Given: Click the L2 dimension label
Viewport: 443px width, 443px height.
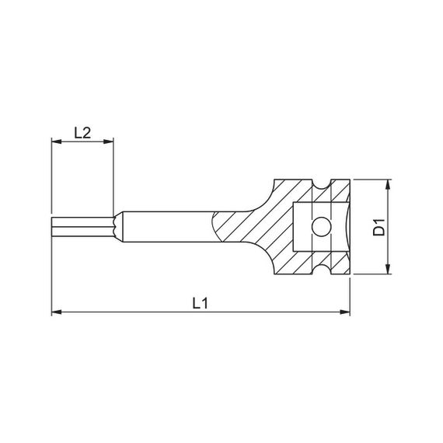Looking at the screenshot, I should (x=83, y=132).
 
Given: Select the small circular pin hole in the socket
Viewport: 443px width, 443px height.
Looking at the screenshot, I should (x=319, y=227).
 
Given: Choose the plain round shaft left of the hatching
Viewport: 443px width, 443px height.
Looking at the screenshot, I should (x=163, y=227).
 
